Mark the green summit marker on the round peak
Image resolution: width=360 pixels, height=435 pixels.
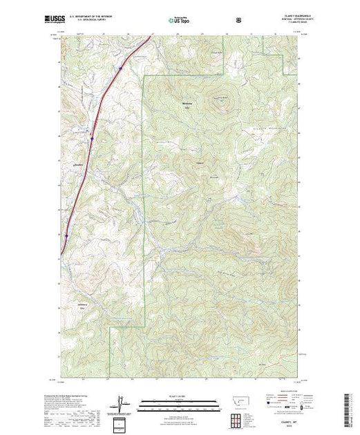(x=222, y=102)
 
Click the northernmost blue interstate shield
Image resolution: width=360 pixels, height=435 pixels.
(x=120, y=68)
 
